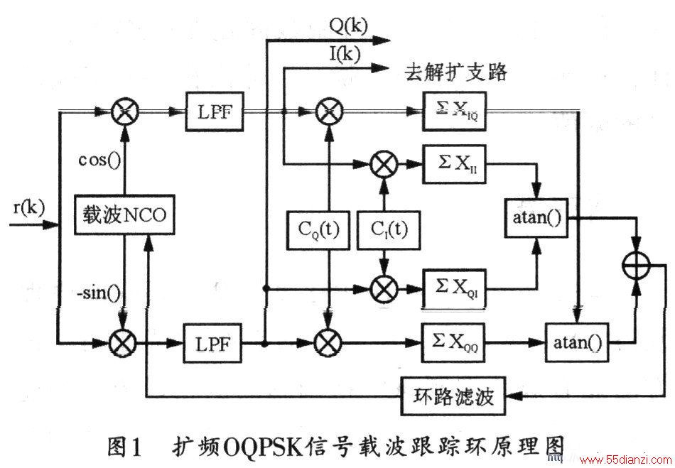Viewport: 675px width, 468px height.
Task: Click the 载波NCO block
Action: pyautogui.click(x=124, y=214)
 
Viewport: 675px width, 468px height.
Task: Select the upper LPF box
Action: pyautogui.click(x=215, y=111)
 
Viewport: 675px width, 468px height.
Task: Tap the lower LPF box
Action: pyautogui.click(x=212, y=343)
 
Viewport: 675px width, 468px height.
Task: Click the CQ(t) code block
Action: pyautogui.click(x=318, y=230)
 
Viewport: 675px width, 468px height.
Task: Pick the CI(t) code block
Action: pyautogui.click(x=389, y=230)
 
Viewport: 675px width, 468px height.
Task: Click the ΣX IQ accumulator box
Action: pyautogui.click(x=454, y=111)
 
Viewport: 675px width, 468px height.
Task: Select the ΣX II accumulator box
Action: pyautogui.click(x=454, y=164)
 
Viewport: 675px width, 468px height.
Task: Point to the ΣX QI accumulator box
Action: pyautogui.click(x=454, y=288)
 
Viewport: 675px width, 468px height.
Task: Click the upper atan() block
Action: pyautogui.click(x=536, y=218)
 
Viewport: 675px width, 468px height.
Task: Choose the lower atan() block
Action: pyautogui.click(x=577, y=343)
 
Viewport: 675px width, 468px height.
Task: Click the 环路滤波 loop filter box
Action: pyautogui.click(x=453, y=396)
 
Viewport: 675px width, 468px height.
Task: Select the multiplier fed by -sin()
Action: pyautogui.click(x=123, y=343)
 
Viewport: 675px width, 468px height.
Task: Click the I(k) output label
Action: pyautogui.click(x=345, y=54)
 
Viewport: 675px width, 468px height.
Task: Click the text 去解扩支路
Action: pyautogui.click(x=455, y=72)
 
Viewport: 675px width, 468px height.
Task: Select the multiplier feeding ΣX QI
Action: pyautogui.click(x=384, y=288)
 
